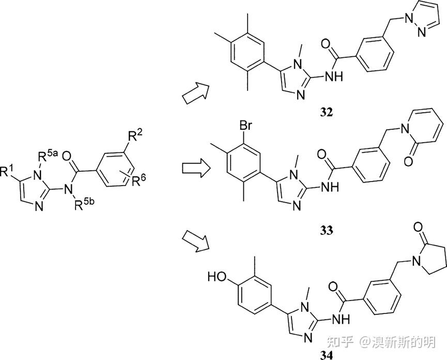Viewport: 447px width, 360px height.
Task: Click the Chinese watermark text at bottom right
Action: (390, 342)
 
